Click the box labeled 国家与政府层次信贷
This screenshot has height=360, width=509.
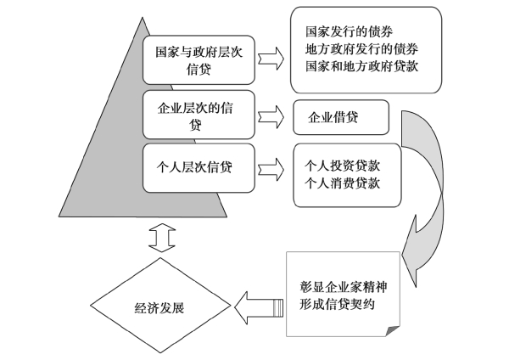pyautogui.click(x=199, y=60)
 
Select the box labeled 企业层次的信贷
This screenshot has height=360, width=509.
pyautogui.click(x=199, y=115)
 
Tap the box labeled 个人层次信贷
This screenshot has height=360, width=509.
pyautogui.click(x=199, y=168)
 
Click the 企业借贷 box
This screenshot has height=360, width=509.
pyautogui.click(x=341, y=117)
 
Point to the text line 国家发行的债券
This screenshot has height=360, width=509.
pyautogui.click(x=349, y=32)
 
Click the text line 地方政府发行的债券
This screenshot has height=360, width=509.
pyautogui.click(x=361, y=49)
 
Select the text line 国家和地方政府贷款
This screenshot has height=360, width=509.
pyautogui.click(x=361, y=66)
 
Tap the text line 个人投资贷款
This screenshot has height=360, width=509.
pyautogui.click(x=342, y=166)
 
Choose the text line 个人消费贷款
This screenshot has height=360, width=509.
pyautogui.click(x=342, y=183)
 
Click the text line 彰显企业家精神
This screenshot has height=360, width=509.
pyautogui.click(x=343, y=287)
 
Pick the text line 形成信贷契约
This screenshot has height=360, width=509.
pyautogui.click(x=337, y=304)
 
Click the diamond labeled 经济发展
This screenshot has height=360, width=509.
pyautogui.click(x=160, y=306)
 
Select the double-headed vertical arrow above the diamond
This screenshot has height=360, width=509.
pyautogui.click(x=162, y=238)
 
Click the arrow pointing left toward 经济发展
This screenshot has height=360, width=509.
pyautogui.click(x=259, y=307)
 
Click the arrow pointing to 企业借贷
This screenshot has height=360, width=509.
pyautogui.click(x=271, y=117)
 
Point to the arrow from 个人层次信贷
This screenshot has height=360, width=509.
pyautogui.click(x=271, y=170)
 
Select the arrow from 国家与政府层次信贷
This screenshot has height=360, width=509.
pyautogui.click(x=271, y=59)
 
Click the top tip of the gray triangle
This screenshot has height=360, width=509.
pyautogui.click(x=143, y=18)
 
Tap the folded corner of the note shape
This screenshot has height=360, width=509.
pyautogui.click(x=393, y=331)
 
